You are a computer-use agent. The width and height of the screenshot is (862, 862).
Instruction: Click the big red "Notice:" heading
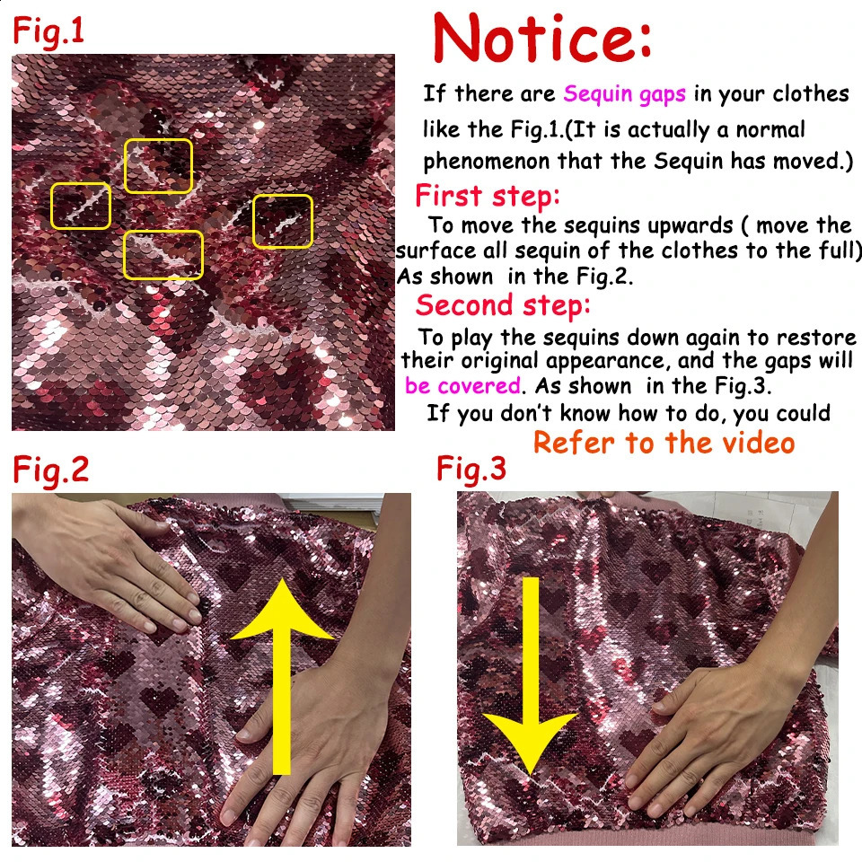pos(543,40)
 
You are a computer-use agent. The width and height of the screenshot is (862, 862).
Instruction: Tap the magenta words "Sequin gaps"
pos(624,93)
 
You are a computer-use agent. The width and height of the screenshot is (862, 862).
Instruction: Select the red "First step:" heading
pos(487,196)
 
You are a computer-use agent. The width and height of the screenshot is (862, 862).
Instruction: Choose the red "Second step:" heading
pos(503,305)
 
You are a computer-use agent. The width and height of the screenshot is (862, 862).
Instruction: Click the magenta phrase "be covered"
pos(462,386)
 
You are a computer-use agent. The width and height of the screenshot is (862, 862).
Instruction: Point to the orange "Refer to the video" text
pos(664,443)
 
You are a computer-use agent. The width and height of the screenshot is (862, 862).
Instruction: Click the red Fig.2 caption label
pos(50,471)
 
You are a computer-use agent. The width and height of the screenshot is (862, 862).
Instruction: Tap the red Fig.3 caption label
pos(471,470)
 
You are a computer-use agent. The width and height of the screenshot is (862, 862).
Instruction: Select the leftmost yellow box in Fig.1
pos(81,206)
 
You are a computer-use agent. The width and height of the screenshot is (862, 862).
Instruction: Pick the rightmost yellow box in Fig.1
pos(282,221)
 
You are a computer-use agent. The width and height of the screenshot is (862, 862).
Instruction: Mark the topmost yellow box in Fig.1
pos(158,166)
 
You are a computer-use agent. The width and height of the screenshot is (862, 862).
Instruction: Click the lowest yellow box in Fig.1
pos(163,255)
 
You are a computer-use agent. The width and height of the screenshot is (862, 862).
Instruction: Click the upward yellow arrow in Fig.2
pos(282,673)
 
